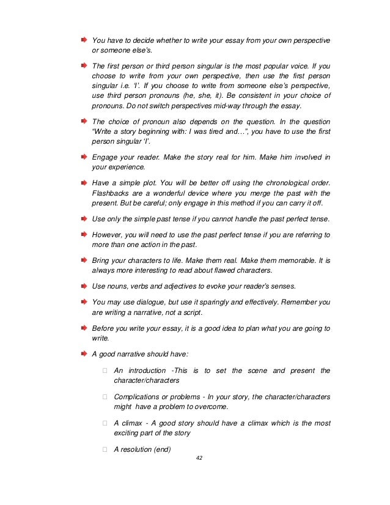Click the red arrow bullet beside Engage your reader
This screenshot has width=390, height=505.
[x=83, y=157]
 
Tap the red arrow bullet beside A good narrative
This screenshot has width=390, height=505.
[x=83, y=353]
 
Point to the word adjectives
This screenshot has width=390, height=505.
[x=177, y=286]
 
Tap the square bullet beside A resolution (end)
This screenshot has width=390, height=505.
[x=105, y=449]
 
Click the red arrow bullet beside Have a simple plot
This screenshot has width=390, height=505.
[x=83, y=182]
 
